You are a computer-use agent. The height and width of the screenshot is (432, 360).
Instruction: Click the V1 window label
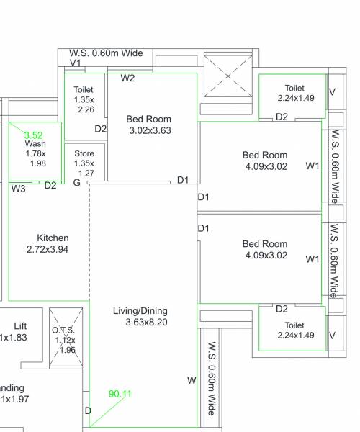pos(74,64)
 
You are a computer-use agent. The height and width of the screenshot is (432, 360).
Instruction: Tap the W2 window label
pos(127,78)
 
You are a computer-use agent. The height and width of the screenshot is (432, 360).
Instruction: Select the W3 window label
pos(19,189)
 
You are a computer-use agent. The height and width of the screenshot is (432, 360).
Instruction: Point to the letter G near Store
pos(77,183)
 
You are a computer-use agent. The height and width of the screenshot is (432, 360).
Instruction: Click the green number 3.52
pos(34,135)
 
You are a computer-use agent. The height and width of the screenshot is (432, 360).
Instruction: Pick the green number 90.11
pos(120,394)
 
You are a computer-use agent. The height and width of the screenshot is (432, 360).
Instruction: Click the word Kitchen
pos(53,238)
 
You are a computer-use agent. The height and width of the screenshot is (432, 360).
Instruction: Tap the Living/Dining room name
pos(140,311)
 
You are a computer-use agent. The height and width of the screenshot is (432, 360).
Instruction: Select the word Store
pos(84,153)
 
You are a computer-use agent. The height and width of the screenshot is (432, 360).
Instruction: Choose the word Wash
pos(35,143)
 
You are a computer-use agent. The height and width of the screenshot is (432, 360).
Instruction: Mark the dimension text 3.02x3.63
pos(150,130)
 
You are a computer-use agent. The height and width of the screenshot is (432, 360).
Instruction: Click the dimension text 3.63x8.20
pos(145,323)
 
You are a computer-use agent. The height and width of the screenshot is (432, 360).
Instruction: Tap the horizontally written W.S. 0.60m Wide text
pos(106,53)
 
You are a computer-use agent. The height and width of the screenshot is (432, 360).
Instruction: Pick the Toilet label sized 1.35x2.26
pos(84,90)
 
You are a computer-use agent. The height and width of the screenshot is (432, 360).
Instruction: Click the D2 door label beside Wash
pos(50,186)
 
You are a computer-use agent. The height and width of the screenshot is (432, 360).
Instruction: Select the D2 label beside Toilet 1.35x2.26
pos(101,129)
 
